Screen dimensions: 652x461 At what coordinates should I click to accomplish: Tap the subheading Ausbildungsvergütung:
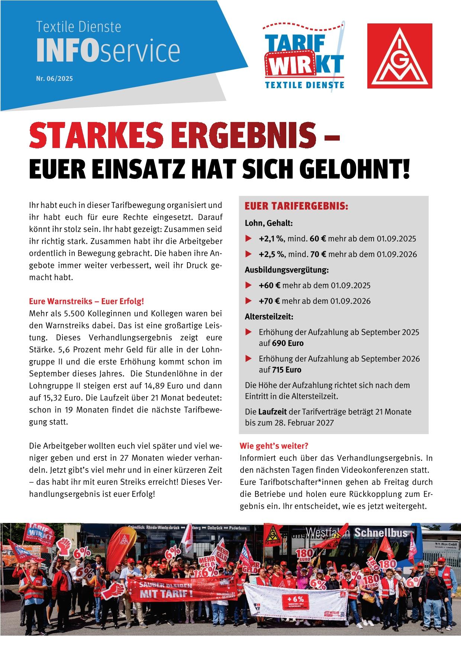[286, 270]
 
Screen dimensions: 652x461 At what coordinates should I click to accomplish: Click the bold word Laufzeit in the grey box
[270, 412]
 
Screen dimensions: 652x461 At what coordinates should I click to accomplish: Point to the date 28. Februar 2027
[302, 423]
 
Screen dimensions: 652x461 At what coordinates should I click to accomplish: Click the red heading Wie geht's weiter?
[274, 446]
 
